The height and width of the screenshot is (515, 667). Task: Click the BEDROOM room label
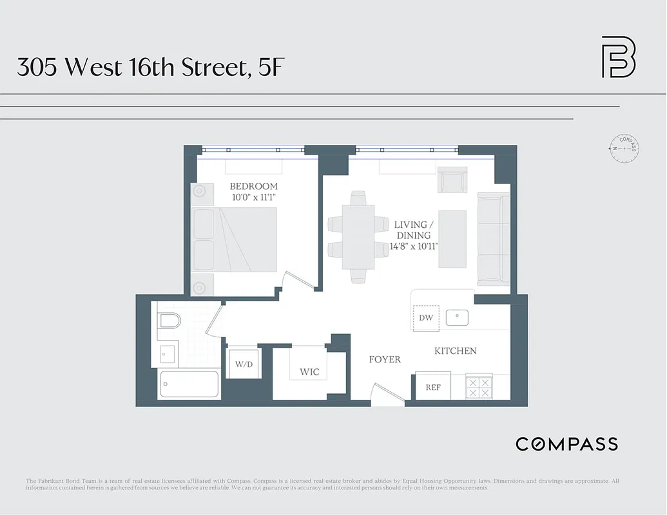tap(254, 187)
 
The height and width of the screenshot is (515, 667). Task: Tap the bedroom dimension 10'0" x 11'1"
tap(254, 198)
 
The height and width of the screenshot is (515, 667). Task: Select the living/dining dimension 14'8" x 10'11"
tap(419, 246)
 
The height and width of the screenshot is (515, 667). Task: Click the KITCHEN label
tap(456, 351)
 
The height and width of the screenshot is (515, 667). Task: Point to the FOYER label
tap(384, 359)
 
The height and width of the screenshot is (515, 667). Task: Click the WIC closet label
tap(309, 372)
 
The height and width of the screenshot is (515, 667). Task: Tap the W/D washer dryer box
tap(244, 364)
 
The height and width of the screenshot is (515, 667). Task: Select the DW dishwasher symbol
tap(425, 317)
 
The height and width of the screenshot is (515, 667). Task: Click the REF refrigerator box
tap(433, 388)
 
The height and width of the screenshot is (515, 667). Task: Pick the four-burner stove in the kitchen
tap(479, 386)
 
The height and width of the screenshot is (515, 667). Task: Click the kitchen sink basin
tap(458, 317)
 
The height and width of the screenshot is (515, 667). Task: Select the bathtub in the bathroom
tap(188, 385)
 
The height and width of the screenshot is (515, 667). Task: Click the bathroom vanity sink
tap(168, 353)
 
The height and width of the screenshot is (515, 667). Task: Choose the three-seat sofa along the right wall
tap(493, 239)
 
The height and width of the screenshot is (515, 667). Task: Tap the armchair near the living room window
tap(452, 180)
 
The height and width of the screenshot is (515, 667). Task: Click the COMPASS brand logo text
tap(566, 444)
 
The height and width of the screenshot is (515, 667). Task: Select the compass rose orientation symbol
tap(624, 148)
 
